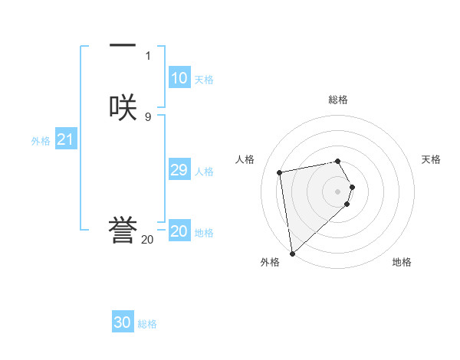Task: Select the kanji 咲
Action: pyautogui.click(x=123, y=106)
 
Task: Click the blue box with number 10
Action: pyautogui.click(x=179, y=78)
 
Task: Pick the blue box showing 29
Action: pyautogui.click(x=179, y=171)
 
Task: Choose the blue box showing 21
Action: pyautogui.click(x=66, y=139)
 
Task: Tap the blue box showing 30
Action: pyautogui.click(x=123, y=322)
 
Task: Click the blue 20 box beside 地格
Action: pyautogui.click(x=179, y=231)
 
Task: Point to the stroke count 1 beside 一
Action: pyautogui.click(x=147, y=55)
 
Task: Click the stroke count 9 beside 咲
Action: pyautogui.click(x=147, y=116)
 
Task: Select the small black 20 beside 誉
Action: pyautogui.click(x=147, y=240)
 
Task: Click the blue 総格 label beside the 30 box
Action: pyautogui.click(x=148, y=324)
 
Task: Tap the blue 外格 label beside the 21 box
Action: pyautogui.click(x=41, y=141)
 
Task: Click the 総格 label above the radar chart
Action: pyautogui.click(x=337, y=100)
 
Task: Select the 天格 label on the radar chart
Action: pyautogui.click(x=431, y=159)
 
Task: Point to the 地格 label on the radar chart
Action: pyautogui.click(x=402, y=262)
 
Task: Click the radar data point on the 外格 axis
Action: pyautogui.click(x=291, y=253)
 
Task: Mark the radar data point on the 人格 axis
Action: pyautogui.click(x=279, y=172)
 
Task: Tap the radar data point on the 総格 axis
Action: pyautogui.click(x=337, y=161)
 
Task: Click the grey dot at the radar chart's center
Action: pyautogui.click(x=337, y=191)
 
